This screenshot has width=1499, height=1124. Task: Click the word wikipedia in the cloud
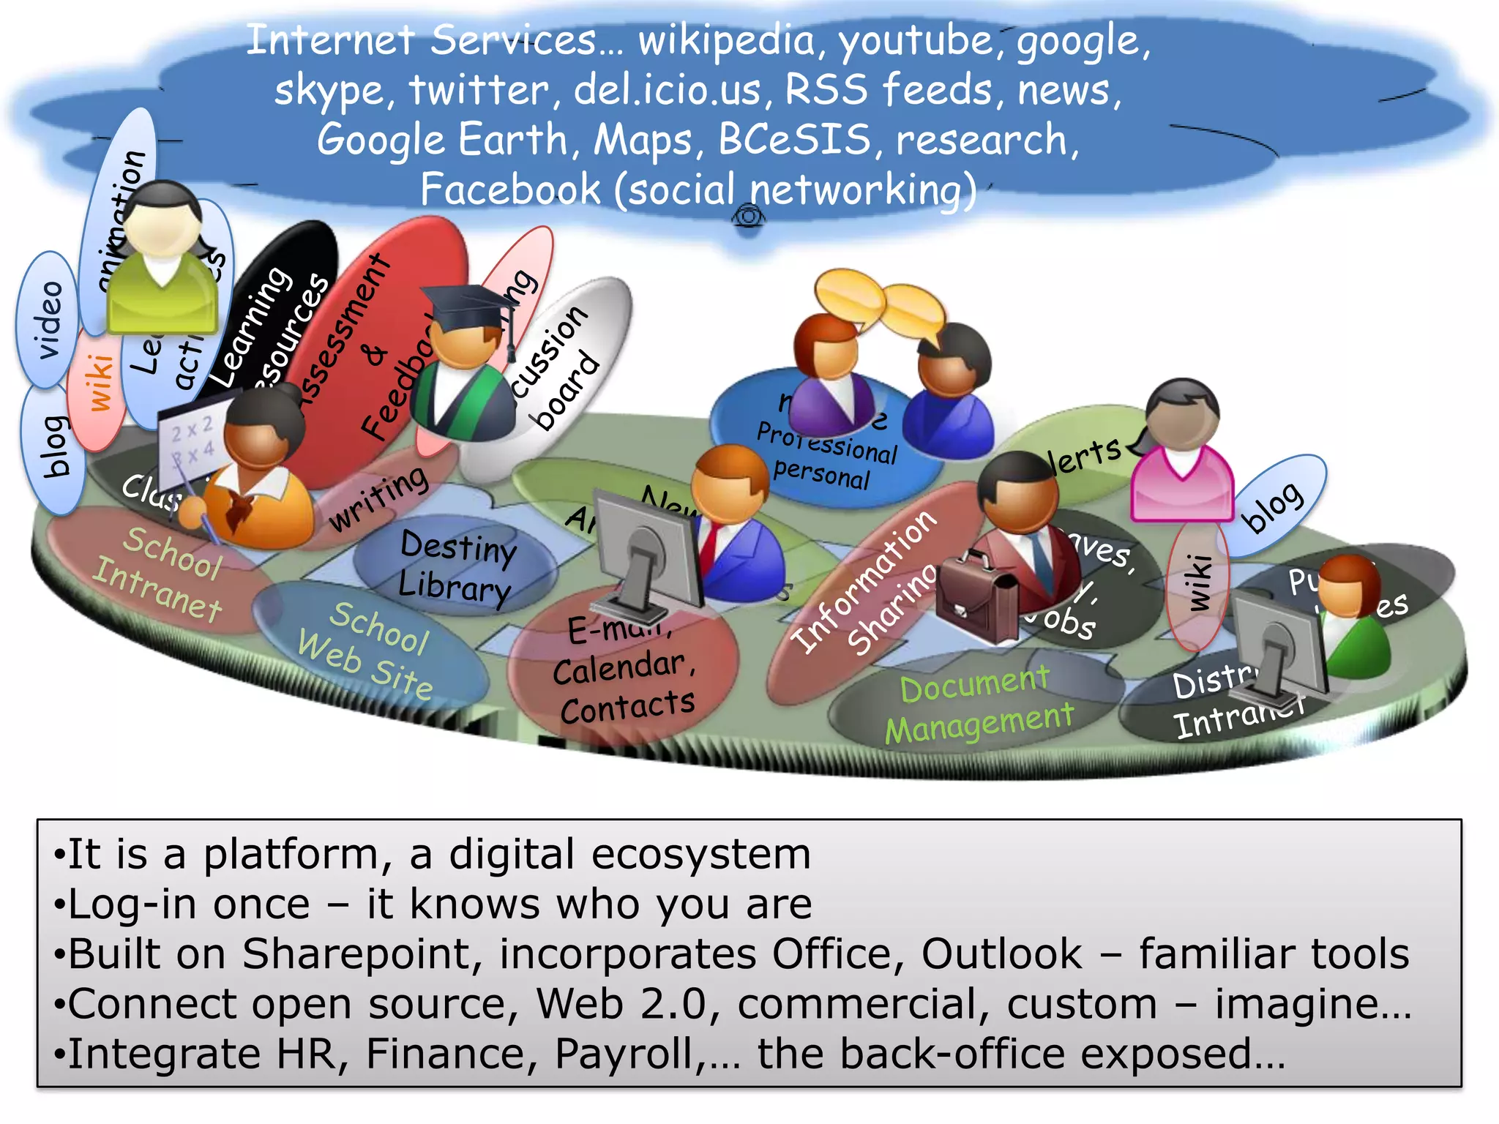pyautogui.click(x=725, y=41)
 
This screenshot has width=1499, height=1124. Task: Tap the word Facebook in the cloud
pyautogui.click(x=510, y=190)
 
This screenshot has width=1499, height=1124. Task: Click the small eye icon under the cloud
pyautogui.click(x=748, y=217)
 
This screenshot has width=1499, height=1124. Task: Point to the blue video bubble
pyautogui.click(x=48, y=319)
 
